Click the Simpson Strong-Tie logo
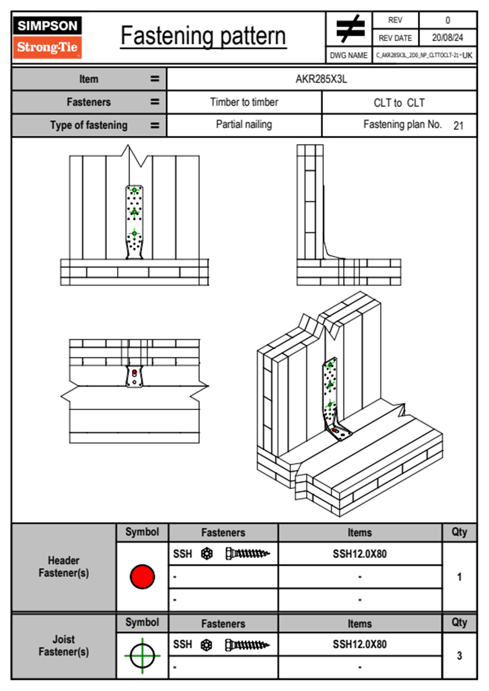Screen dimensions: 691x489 (47, 37)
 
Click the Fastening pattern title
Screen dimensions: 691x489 (203, 36)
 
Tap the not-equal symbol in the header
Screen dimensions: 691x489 (350, 29)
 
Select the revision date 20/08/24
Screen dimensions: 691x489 (447, 38)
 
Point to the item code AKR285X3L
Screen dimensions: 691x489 (321, 79)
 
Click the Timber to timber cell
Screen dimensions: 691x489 (244, 102)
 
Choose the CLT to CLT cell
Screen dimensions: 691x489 (399, 103)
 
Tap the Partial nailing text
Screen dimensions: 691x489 (244, 124)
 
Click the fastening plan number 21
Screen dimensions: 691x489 (458, 126)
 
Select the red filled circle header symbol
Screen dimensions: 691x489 (142, 576)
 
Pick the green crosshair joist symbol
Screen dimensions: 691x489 (142, 656)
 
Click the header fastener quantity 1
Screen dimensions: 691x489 (459, 577)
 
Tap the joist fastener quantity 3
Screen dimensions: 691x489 (459, 656)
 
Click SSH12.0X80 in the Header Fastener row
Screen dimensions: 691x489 (360, 554)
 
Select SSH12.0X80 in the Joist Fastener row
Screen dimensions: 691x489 (360, 644)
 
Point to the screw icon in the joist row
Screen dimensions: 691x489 (247, 645)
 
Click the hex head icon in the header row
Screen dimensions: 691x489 (207, 554)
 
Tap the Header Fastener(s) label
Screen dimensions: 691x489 (64, 567)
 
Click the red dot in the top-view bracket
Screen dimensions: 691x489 (134, 372)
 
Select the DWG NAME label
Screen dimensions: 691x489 (348, 55)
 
